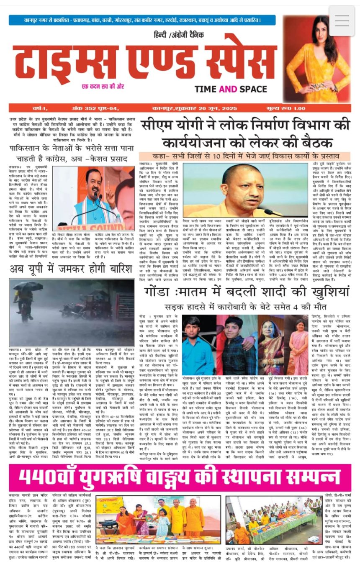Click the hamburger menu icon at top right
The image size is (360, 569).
click(x=342, y=20)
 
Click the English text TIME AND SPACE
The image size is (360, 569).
click(x=231, y=89)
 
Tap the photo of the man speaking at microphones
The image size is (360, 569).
click(x=99, y=198)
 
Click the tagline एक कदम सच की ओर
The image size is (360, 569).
click(x=105, y=87)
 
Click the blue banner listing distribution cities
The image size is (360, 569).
click(x=142, y=20)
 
